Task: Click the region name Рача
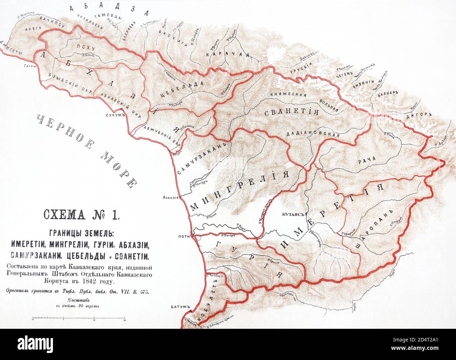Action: click(367, 158)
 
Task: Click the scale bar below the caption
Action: click(79, 319)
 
